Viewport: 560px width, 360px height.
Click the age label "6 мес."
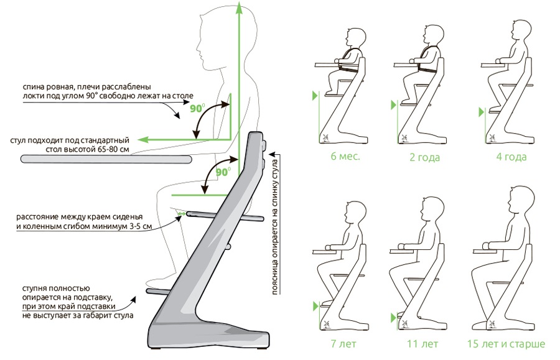point(345,157)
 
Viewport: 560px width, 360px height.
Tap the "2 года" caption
point(424,157)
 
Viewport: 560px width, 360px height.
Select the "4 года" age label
point(511,157)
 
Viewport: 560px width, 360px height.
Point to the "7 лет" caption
point(343,344)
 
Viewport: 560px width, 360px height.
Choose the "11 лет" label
point(422,344)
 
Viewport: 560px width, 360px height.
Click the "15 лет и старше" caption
point(506,344)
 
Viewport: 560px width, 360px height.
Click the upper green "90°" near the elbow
point(197,108)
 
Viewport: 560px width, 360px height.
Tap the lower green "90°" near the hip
point(223,172)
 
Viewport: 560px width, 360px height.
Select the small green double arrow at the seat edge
point(182,214)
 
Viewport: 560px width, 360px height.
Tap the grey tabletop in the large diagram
point(106,159)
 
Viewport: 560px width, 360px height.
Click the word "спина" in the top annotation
point(32,87)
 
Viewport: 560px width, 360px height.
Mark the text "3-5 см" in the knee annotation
point(140,226)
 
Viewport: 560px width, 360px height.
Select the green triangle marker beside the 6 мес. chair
point(315,96)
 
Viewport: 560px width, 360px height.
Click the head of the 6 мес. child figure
point(356,37)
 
